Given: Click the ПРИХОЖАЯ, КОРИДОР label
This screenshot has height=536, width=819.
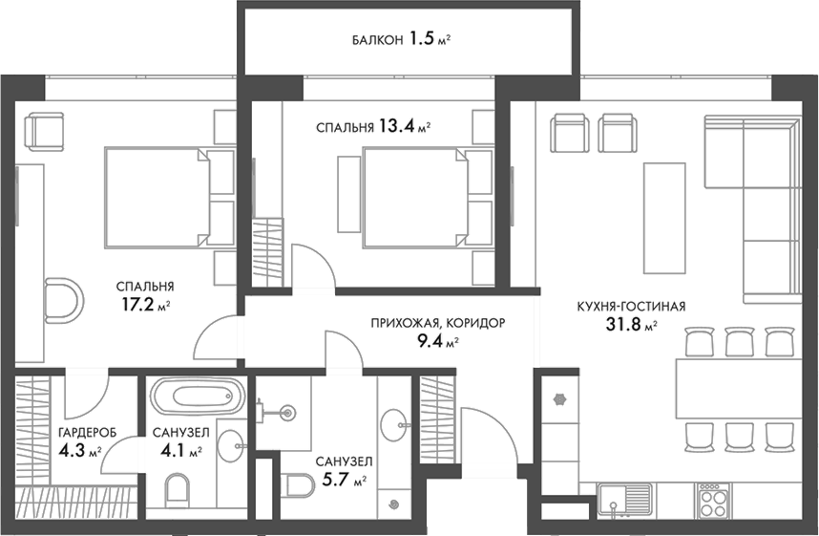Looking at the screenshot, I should pos(437,323).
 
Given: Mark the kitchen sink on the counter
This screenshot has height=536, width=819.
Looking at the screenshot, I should pos(625,498).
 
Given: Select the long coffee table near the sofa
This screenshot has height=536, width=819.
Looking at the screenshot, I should pos(664,217).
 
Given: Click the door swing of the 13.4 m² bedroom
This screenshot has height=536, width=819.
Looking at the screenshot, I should pos(311,264).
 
